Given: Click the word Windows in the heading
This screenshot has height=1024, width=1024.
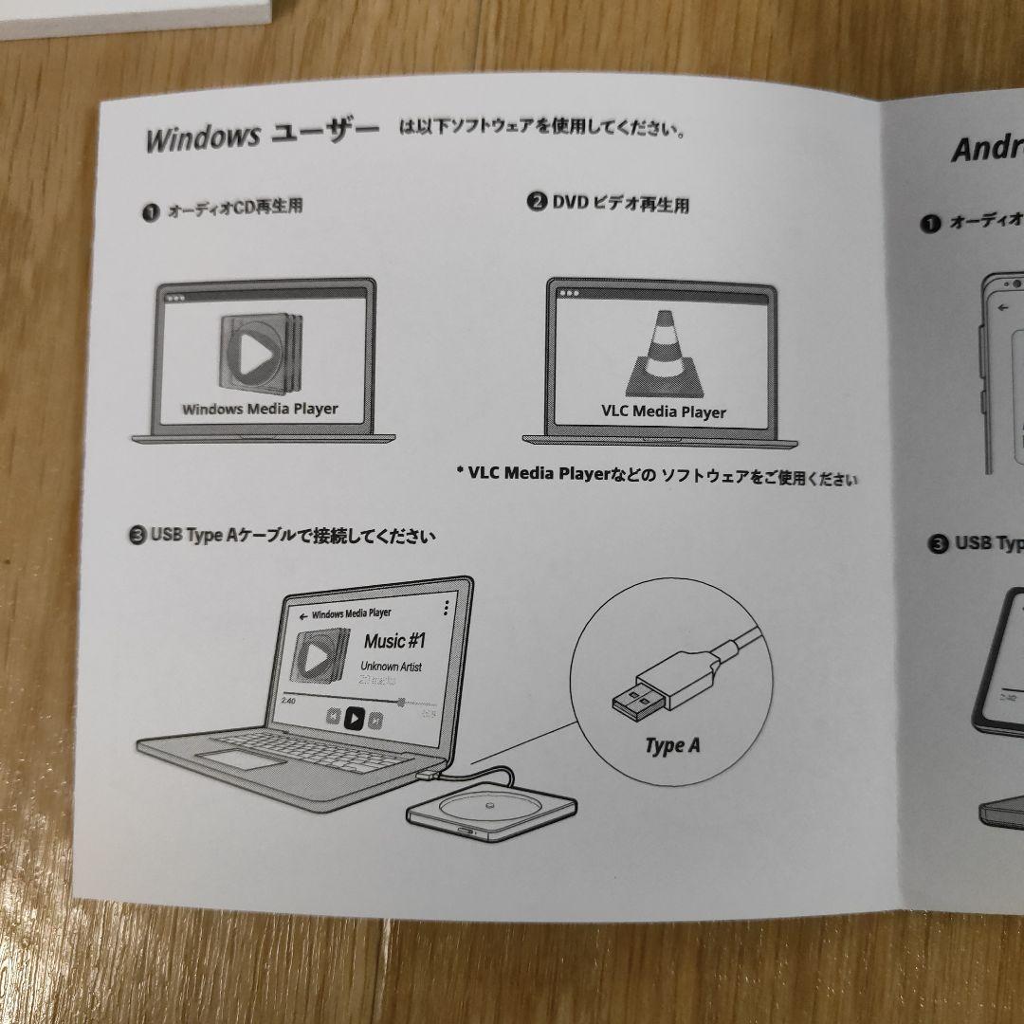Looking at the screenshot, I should tap(202, 137).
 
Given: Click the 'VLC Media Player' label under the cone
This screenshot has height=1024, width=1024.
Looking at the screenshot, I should tap(664, 411).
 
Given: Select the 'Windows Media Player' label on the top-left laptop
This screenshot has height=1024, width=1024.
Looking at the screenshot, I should tap(260, 410).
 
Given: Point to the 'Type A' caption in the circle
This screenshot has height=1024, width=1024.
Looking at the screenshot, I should tap(672, 746).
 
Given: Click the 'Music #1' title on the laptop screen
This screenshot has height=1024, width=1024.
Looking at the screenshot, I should tap(394, 641).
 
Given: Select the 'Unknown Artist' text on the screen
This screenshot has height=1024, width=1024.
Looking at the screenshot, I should tap(391, 667).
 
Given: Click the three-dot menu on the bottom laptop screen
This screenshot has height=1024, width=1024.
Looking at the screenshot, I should tap(446, 608).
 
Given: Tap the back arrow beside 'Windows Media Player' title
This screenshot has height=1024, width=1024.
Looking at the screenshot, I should tap(302, 615).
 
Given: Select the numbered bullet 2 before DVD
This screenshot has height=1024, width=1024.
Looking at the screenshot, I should tap(537, 201).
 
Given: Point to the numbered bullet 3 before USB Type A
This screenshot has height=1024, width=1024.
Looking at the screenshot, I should tap(137, 536).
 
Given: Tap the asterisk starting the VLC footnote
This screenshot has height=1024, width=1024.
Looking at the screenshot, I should tap(460, 470).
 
